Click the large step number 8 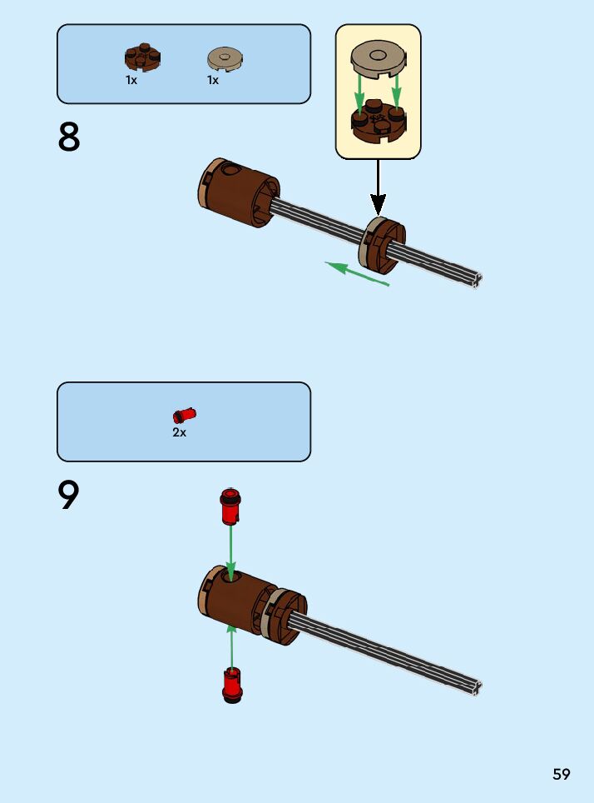pos(69,137)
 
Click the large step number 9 pos(69,496)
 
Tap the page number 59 pos(562,774)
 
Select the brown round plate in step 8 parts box pos(142,57)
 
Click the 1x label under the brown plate pos(131,81)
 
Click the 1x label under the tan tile pos(213,81)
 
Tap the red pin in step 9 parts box pos(185,414)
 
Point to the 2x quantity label pos(180,433)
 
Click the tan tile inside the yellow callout pos(379,59)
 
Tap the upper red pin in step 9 pos(230,506)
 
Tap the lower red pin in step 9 pos(232,685)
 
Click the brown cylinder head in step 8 pos(240,192)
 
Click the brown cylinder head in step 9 pos(239,599)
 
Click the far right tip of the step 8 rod pos(477,280)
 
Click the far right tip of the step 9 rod pos(477,687)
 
